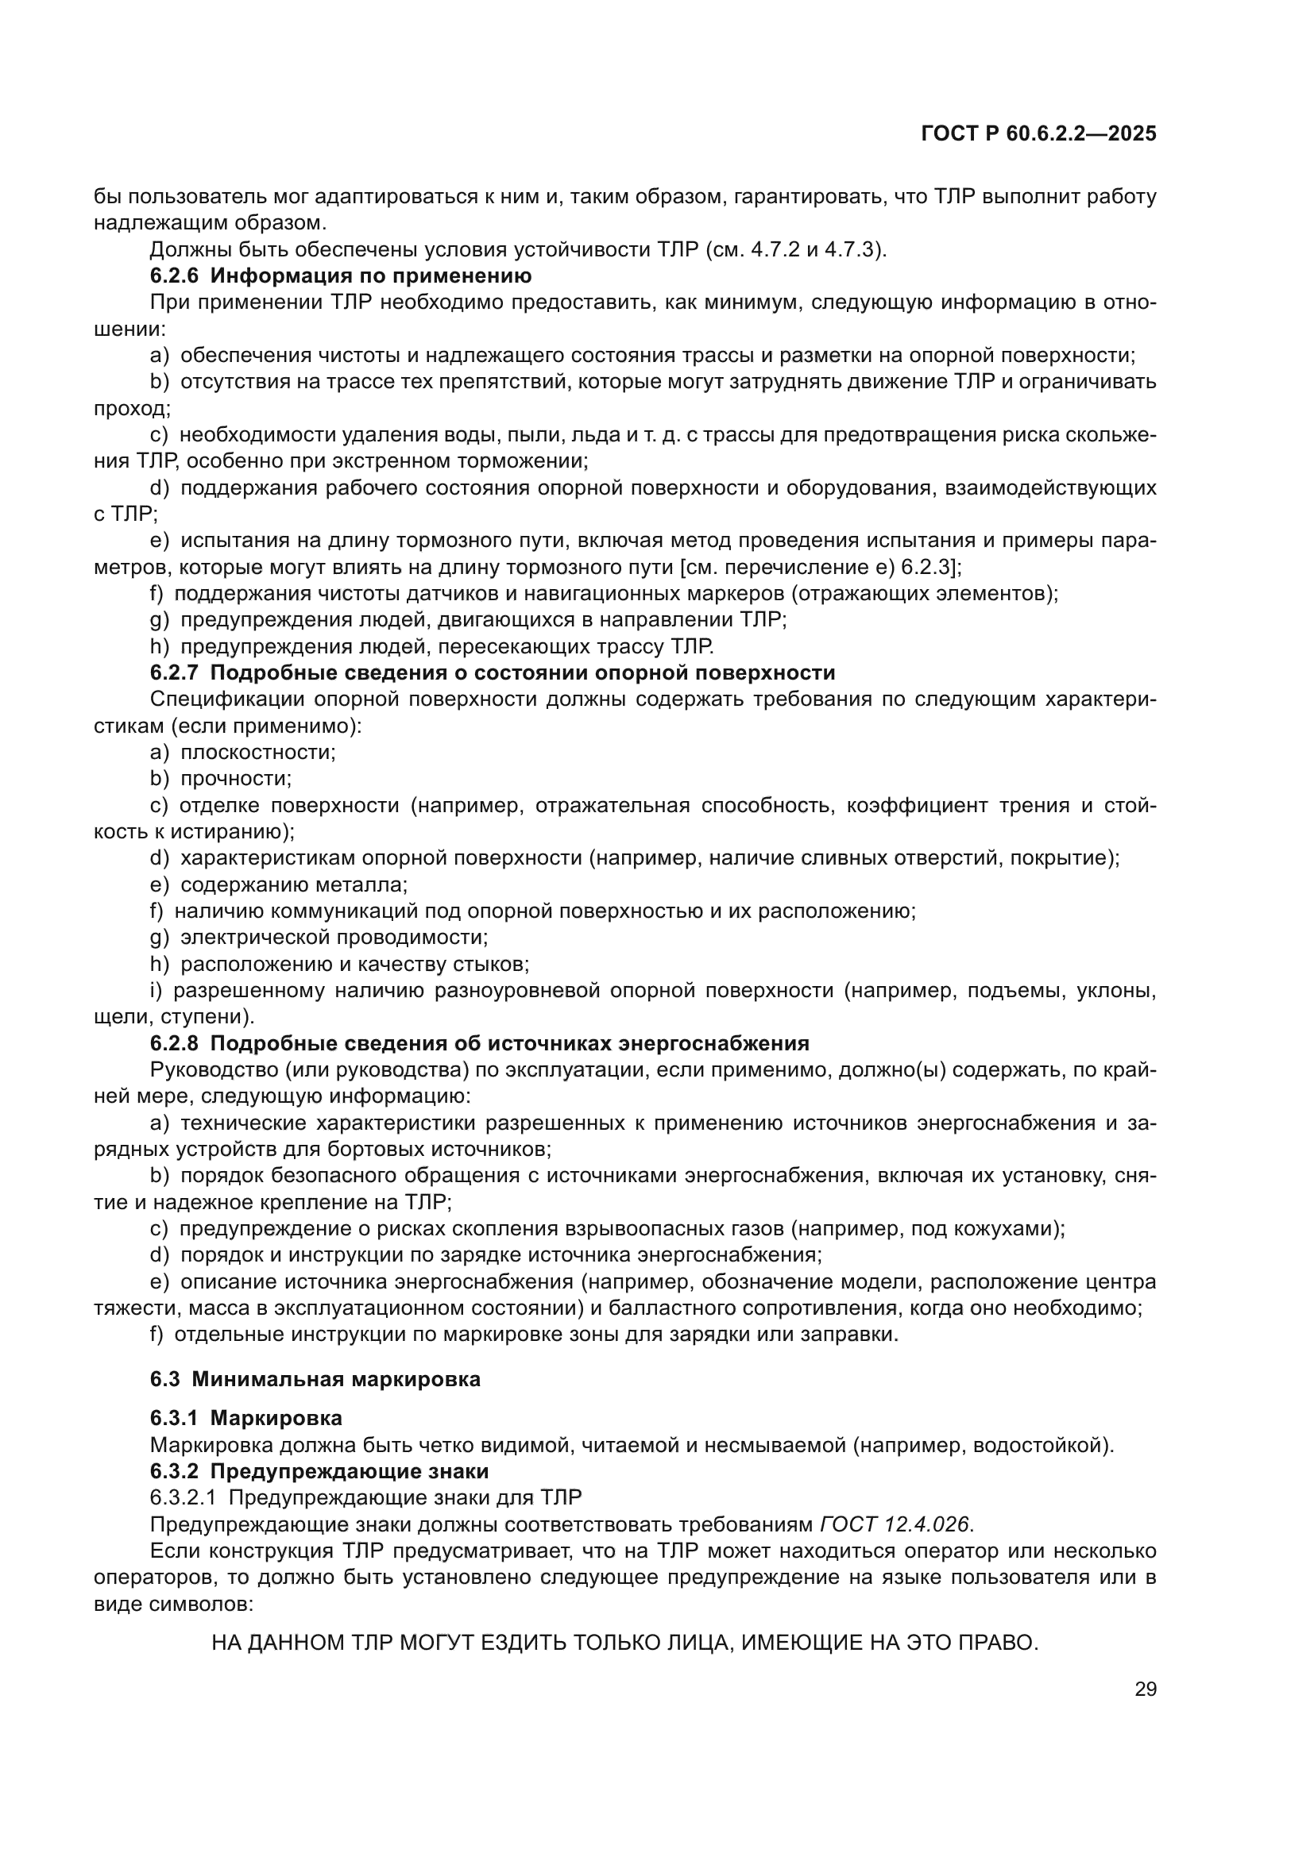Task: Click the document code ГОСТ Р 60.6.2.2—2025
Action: pos(1038,134)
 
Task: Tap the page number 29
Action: pos(1145,1689)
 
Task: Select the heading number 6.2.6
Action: pos(174,276)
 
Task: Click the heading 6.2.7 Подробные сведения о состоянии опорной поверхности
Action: pos(492,674)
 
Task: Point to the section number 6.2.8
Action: pos(174,1044)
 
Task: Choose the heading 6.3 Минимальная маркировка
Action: pos(315,1380)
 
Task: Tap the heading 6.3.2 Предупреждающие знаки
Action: pos(319,1471)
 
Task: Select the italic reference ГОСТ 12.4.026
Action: pos(893,1524)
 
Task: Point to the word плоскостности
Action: pos(257,753)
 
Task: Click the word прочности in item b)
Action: pos(234,780)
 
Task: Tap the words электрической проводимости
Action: pos(334,938)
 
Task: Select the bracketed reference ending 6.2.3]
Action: pos(930,568)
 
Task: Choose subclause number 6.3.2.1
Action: pos(183,1498)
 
